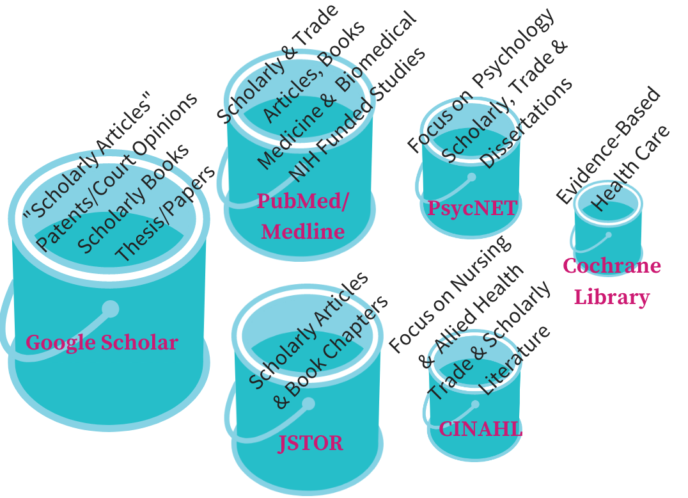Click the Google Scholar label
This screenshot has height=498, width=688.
(x=102, y=342)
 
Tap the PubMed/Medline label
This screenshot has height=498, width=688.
(x=303, y=216)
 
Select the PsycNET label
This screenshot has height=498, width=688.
(x=471, y=208)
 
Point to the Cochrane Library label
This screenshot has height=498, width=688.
(x=612, y=282)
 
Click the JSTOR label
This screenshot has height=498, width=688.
(x=311, y=442)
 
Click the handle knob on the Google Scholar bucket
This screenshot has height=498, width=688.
(x=111, y=309)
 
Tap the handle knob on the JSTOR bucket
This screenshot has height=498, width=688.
(x=308, y=404)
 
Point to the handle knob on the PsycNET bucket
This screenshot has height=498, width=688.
(x=471, y=177)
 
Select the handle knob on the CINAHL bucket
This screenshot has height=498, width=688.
(x=475, y=405)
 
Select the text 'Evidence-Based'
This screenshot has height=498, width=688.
(x=607, y=146)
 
